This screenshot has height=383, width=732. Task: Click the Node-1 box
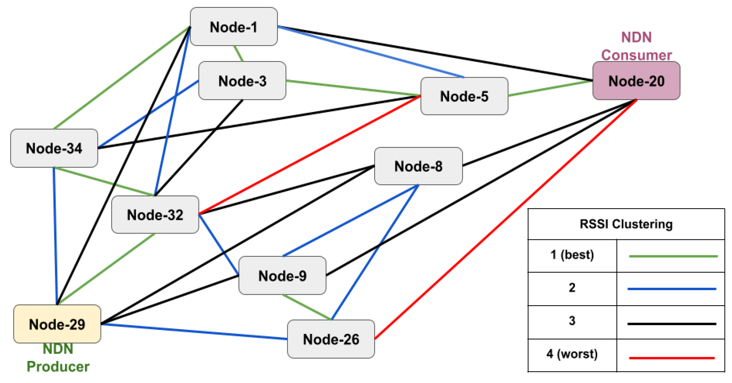pyautogui.click(x=234, y=27)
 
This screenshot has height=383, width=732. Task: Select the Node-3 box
pyautogui.click(x=242, y=81)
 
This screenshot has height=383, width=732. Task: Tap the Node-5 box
pyautogui.click(x=464, y=96)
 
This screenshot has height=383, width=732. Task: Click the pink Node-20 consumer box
pyautogui.click(x=636, y=81)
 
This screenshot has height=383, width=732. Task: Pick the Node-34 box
pyautogui.click(x=54, y=148)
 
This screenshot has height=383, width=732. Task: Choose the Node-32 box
pyautogui.click(x=155, y=215)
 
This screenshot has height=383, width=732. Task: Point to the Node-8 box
pyautogui.click(x=418, y=166)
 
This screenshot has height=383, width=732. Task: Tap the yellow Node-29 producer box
pyautogui.click(x=57, y=324)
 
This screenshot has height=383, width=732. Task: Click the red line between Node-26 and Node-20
pyautogui.click(x=506, y=219)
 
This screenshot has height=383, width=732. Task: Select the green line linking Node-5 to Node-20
pyautogui.click(x=550, y=88)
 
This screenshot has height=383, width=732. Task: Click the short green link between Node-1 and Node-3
pyautogui.click(x=238, y=53)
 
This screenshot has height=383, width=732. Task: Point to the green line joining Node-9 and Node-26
pyautogui.click(x=307, y=307)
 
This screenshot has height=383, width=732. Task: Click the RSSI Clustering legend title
pyautogui.click(x=626, y=224)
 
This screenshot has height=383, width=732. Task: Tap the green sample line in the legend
pyautogui.click(x=673, y=256)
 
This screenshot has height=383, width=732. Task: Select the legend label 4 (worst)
pyautogui.click(x=572, y=354)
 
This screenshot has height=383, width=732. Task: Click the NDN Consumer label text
pyautogui.click(x=636, y=46)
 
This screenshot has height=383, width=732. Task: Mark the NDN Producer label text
pyautogui.click(x=58, y=358)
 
